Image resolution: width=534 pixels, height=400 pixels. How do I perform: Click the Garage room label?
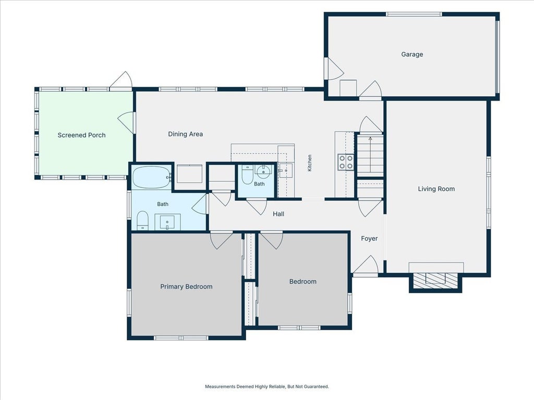point(412,54)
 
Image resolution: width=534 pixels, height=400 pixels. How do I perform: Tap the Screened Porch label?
point(81,135)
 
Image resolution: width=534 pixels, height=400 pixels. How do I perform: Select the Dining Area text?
point(185,134)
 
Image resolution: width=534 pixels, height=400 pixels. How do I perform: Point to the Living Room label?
point(436,189)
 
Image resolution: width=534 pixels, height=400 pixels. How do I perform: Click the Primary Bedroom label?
point(186,287)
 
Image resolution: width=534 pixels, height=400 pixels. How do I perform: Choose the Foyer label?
point(369,239)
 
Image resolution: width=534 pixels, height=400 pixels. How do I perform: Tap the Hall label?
point(278,214)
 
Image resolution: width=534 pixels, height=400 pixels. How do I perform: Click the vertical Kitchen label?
point(310,163)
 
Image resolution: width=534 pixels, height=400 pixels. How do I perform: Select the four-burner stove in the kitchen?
point(346,162)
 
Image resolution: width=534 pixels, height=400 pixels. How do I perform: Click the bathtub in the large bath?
point(151,177)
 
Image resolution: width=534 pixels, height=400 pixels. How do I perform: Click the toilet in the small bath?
point(247,174)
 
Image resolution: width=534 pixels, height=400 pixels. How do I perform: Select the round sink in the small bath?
point(263,171)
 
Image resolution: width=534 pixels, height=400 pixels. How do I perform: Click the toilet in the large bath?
point(142,220)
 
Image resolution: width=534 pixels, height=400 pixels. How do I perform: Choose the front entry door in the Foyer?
point(365,265)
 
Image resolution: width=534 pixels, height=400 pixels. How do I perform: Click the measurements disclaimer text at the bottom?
point(267,386)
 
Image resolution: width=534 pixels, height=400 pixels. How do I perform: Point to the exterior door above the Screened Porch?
point(121,81)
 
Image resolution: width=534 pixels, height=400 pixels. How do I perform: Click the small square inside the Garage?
point(348,88)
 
